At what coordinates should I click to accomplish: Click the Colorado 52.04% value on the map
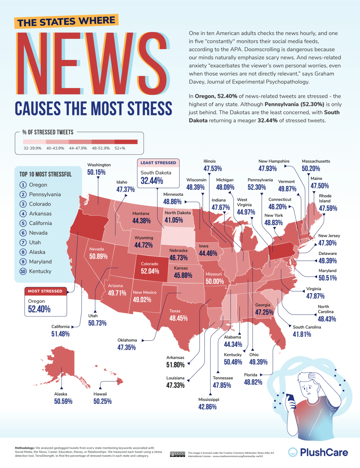[x=150, y=271]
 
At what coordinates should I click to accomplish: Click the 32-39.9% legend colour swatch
[x=34, y=142]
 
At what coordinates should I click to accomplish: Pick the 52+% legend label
[x=120, y=148]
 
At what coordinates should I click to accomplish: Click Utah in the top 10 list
[x=35, y=243]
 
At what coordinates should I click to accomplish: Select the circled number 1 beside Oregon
[x=23, y=185]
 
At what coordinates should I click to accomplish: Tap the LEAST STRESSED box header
[x=158, y=163]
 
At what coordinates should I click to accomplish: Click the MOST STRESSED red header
[x=45, y=291]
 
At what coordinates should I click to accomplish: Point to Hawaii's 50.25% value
[x=102, y=401]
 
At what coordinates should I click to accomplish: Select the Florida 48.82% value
[x=253, y=382]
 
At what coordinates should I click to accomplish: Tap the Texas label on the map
[x=175, y=311]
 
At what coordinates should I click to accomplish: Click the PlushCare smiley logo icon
[x=293, y=452]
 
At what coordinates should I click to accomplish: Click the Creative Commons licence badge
[x=177, y=454]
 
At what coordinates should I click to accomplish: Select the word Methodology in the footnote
[x=25, y=448]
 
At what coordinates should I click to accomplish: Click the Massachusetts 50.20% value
[x=311, y=168]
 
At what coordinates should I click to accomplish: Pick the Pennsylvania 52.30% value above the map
[x=256, y=187]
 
